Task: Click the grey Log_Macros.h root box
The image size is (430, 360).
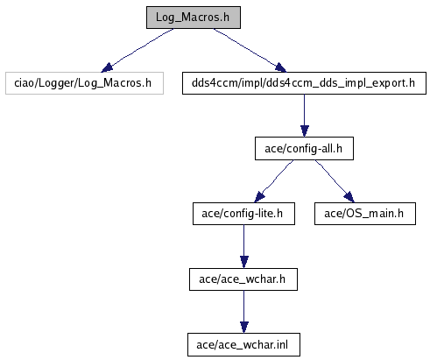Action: point(194,18)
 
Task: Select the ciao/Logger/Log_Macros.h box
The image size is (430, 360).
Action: point(84,83)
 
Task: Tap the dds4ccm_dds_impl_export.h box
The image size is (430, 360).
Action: point(304,83)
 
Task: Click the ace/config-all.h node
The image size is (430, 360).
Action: point(304,149)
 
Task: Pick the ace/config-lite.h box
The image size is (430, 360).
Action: point(243,214)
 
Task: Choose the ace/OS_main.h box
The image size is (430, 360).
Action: point(365,214)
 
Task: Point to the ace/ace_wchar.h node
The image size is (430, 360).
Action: point(243,279)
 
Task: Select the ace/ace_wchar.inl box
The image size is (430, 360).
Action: point(243,345)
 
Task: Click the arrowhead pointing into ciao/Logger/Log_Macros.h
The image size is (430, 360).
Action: point(107,67)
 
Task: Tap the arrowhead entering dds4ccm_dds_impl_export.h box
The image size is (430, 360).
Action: point(280,67)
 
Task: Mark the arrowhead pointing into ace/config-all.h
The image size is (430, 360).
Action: point(305,131)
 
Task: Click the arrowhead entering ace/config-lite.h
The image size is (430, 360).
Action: point(259,197)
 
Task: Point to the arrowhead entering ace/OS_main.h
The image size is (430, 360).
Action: point(349,197)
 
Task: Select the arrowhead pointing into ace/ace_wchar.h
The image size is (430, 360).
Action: point(244,262)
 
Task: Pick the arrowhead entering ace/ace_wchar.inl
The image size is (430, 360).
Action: point(244,328)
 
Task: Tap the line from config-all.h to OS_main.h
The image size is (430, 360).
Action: point(333,180)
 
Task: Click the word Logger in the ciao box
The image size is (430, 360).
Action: point(57,83)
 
